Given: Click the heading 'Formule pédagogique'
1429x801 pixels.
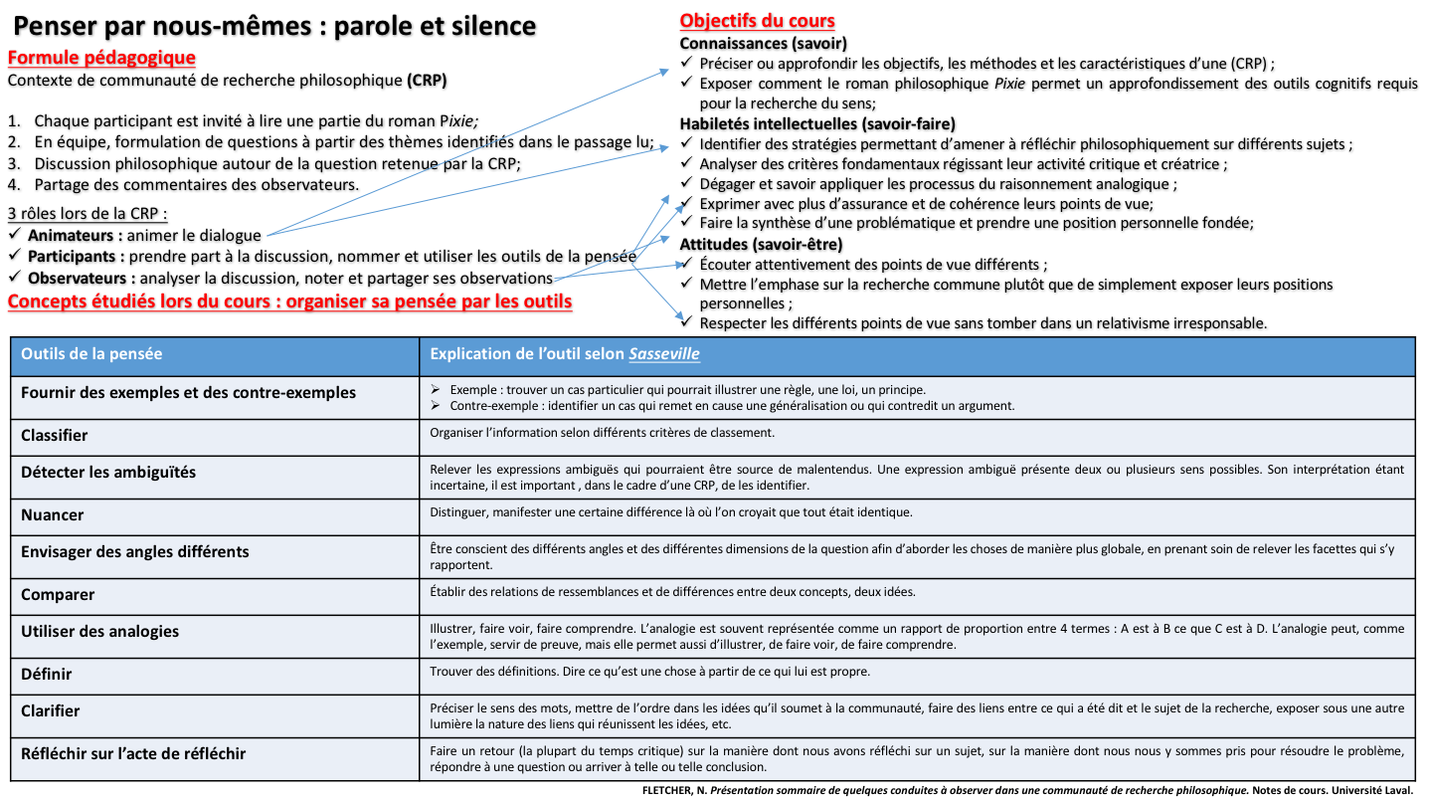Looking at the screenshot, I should point(101,58).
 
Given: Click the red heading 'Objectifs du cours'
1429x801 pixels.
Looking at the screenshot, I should point(757,21).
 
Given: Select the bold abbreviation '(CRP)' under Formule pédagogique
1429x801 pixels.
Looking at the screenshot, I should point(427,80).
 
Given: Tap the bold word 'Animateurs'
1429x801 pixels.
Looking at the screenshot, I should point(75,236).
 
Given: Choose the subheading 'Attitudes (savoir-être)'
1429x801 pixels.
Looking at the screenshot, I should point(761,244).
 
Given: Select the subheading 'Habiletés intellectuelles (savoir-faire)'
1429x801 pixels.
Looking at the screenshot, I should point(817,123).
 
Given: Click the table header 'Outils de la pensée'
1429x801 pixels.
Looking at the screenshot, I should point(91,354).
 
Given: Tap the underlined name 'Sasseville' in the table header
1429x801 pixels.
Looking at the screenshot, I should point(670,354).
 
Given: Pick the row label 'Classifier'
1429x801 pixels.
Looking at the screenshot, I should point(55,435).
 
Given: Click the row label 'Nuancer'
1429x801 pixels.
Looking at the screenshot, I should point(53,514).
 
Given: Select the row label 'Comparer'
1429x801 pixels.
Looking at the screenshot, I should point(58,594).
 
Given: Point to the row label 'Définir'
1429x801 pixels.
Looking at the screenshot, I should point(47,674).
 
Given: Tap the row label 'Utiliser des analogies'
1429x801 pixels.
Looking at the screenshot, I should point(100,631).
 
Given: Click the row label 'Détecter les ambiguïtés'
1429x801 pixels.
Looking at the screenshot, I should point(108,472).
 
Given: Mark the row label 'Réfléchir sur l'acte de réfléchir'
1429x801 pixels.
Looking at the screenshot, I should point(133,753).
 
